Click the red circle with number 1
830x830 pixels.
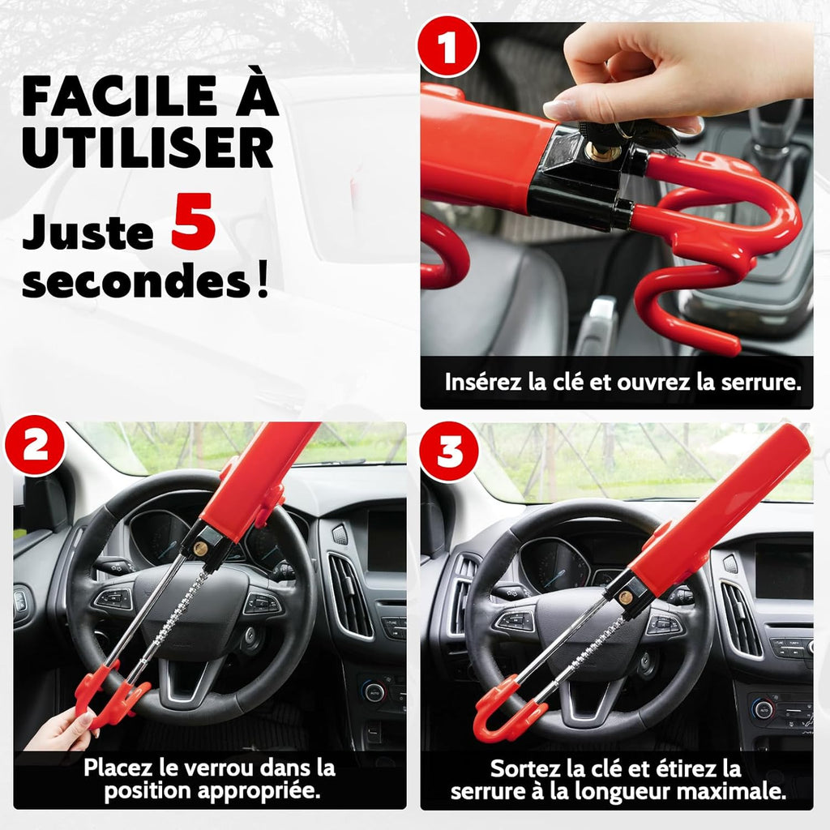pyautogui.click(x=447, y=49)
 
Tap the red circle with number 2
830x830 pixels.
pyautogui.click(x=34, y=444)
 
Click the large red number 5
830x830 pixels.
pyautogui.click(x=193, y=229)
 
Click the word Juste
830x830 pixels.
pyautogui.click(x=88, y=233)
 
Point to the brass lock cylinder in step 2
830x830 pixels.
pyautogui.click(x=199, y=549)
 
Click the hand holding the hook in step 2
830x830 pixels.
pyautogui.click(x=61, y=729)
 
